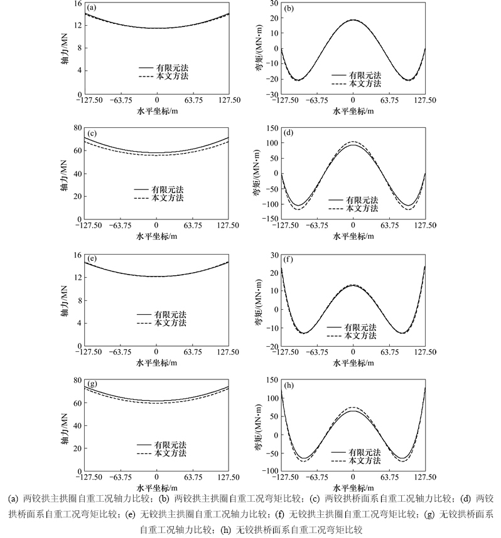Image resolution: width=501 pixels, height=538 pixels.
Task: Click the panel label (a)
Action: pos(92,8)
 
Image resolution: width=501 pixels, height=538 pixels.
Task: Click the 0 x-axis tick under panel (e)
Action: pos(157,351)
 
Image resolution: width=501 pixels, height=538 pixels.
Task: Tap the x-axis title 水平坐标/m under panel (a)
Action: pos(157,111)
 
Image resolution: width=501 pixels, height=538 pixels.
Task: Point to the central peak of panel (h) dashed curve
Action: pos(353,407)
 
